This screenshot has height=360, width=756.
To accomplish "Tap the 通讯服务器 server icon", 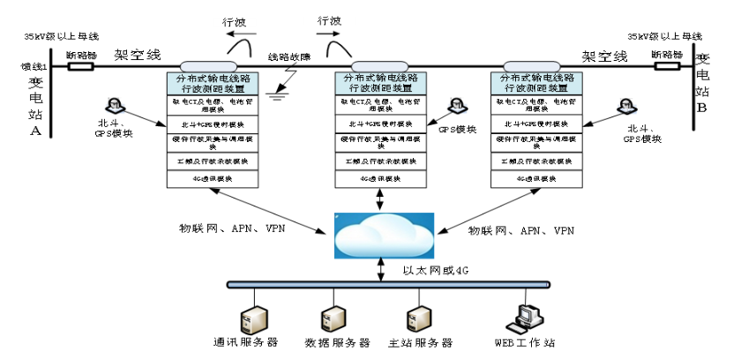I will [255, 319].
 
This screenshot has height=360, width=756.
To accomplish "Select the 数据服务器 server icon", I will [333, 319].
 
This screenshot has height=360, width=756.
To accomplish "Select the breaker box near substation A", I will [81, 66].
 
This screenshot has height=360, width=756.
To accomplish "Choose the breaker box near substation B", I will [667, 66].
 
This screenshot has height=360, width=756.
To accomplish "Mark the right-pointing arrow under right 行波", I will [328, 35].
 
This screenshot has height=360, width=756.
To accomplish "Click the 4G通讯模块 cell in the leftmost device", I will [209, 178].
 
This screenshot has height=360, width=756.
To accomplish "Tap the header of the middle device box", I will [379, 83].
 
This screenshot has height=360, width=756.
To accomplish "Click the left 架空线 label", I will [138, 55].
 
